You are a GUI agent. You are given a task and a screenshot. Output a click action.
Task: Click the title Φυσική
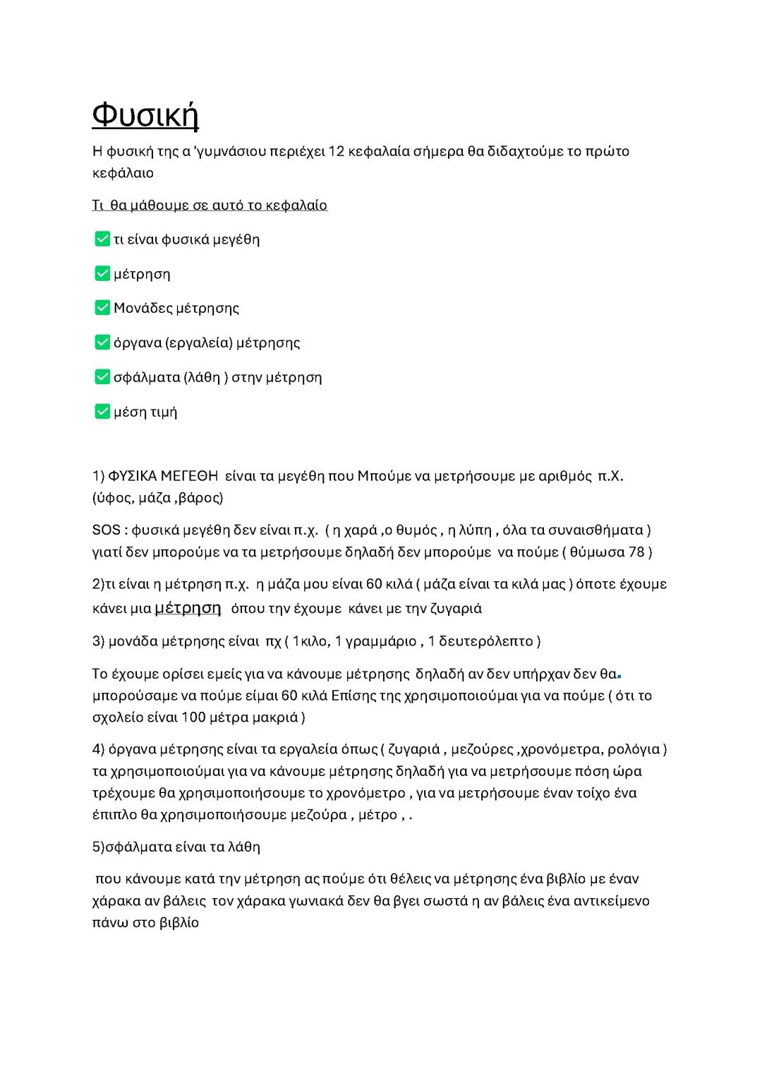tap(145, 114)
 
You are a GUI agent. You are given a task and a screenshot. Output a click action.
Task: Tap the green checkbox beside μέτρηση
tap(102, 273)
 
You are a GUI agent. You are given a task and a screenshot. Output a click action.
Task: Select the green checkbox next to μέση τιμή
tap(102, 411)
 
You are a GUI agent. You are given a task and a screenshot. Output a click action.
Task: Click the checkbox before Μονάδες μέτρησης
tap(102, 308)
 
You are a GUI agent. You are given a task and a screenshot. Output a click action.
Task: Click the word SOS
tap(106, 530)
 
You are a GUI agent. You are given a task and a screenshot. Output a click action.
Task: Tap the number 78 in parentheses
tap(636, 552)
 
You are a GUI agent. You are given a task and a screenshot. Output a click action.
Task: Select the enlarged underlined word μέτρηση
tap(188, 607)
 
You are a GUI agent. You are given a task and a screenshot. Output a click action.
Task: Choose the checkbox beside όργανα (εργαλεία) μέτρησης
tap(102, 342)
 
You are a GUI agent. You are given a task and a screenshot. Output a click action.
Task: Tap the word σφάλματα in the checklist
tap(146, 377)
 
